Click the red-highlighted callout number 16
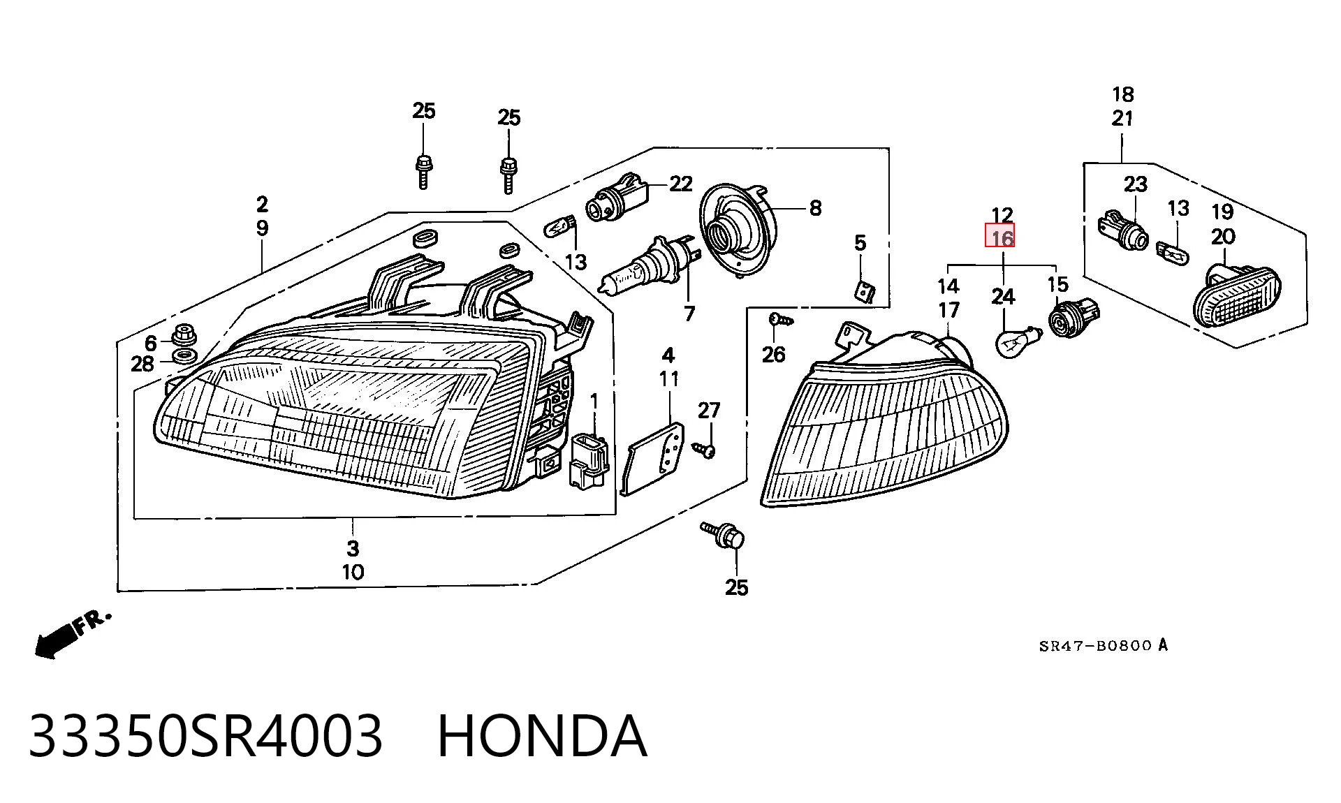click(1002, 238)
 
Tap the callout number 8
click(815, 207)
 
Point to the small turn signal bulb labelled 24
click(1016, 342)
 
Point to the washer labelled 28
click(183, 358)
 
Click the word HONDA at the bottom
click(542, 736)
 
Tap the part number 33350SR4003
click(206, 736)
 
